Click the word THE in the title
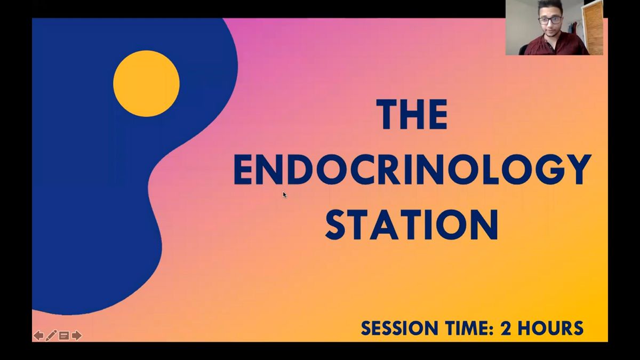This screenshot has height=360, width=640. click(412, 114)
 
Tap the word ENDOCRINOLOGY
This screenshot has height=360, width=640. click(412, 170)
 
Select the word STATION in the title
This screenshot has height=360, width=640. click(412, 225)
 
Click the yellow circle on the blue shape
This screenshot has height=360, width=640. click(146, 84)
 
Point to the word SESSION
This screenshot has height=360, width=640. click(399, 328)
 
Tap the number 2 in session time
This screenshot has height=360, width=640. click(506, 328)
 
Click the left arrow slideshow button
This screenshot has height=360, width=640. click(38, 335)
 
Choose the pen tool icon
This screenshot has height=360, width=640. click(51, 335)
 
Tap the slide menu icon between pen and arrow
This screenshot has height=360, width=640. click(64, 335)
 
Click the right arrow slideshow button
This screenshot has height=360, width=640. click(77, 335)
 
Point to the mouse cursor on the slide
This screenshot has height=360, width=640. click(285, 195)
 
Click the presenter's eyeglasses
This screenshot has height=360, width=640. click(550, 20)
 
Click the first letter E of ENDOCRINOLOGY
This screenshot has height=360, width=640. click(243, 170)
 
